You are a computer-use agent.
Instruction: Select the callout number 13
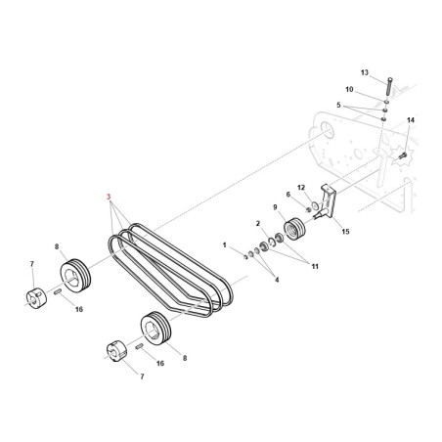coord(365,72)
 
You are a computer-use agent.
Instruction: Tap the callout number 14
coord(411,120)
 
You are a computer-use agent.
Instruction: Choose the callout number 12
coord(301,187)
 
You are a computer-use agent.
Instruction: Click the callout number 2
coord(257,224)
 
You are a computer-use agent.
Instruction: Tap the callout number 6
coord(287,196)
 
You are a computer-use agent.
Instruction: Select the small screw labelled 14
coord(402,154)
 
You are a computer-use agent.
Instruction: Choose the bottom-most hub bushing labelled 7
coord(113,352)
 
